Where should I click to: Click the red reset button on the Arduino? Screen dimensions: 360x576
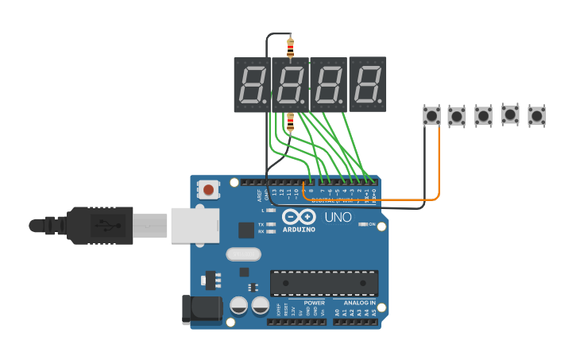[x=208, y=189]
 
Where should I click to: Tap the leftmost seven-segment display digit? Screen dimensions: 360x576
[x=252, y=84]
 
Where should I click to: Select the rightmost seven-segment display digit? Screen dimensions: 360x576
[x=368, y=84]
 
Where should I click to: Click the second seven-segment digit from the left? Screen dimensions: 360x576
[x=291, y=84]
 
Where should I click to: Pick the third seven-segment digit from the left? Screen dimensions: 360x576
[x=329, y=84]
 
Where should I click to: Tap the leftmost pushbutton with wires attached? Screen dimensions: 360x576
[x=431, y=115]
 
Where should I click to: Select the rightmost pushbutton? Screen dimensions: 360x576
[x=537, y=115]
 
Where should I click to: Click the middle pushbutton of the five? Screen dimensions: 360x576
[x=484, y=115]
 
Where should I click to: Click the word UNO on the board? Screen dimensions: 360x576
[x=338, y=217]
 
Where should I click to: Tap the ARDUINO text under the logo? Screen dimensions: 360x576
[x=299, y=230]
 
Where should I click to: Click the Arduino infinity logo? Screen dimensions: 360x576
[x=299, y=217]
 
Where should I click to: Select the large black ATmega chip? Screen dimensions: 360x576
[x=324, y=283]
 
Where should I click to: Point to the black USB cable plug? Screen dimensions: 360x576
[x=99, y=225]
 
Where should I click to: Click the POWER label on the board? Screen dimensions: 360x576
[x=314, y=303]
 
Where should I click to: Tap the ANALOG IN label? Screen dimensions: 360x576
[x=359, y=303]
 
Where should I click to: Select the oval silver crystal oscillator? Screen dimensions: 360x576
[x=243, y=254]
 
